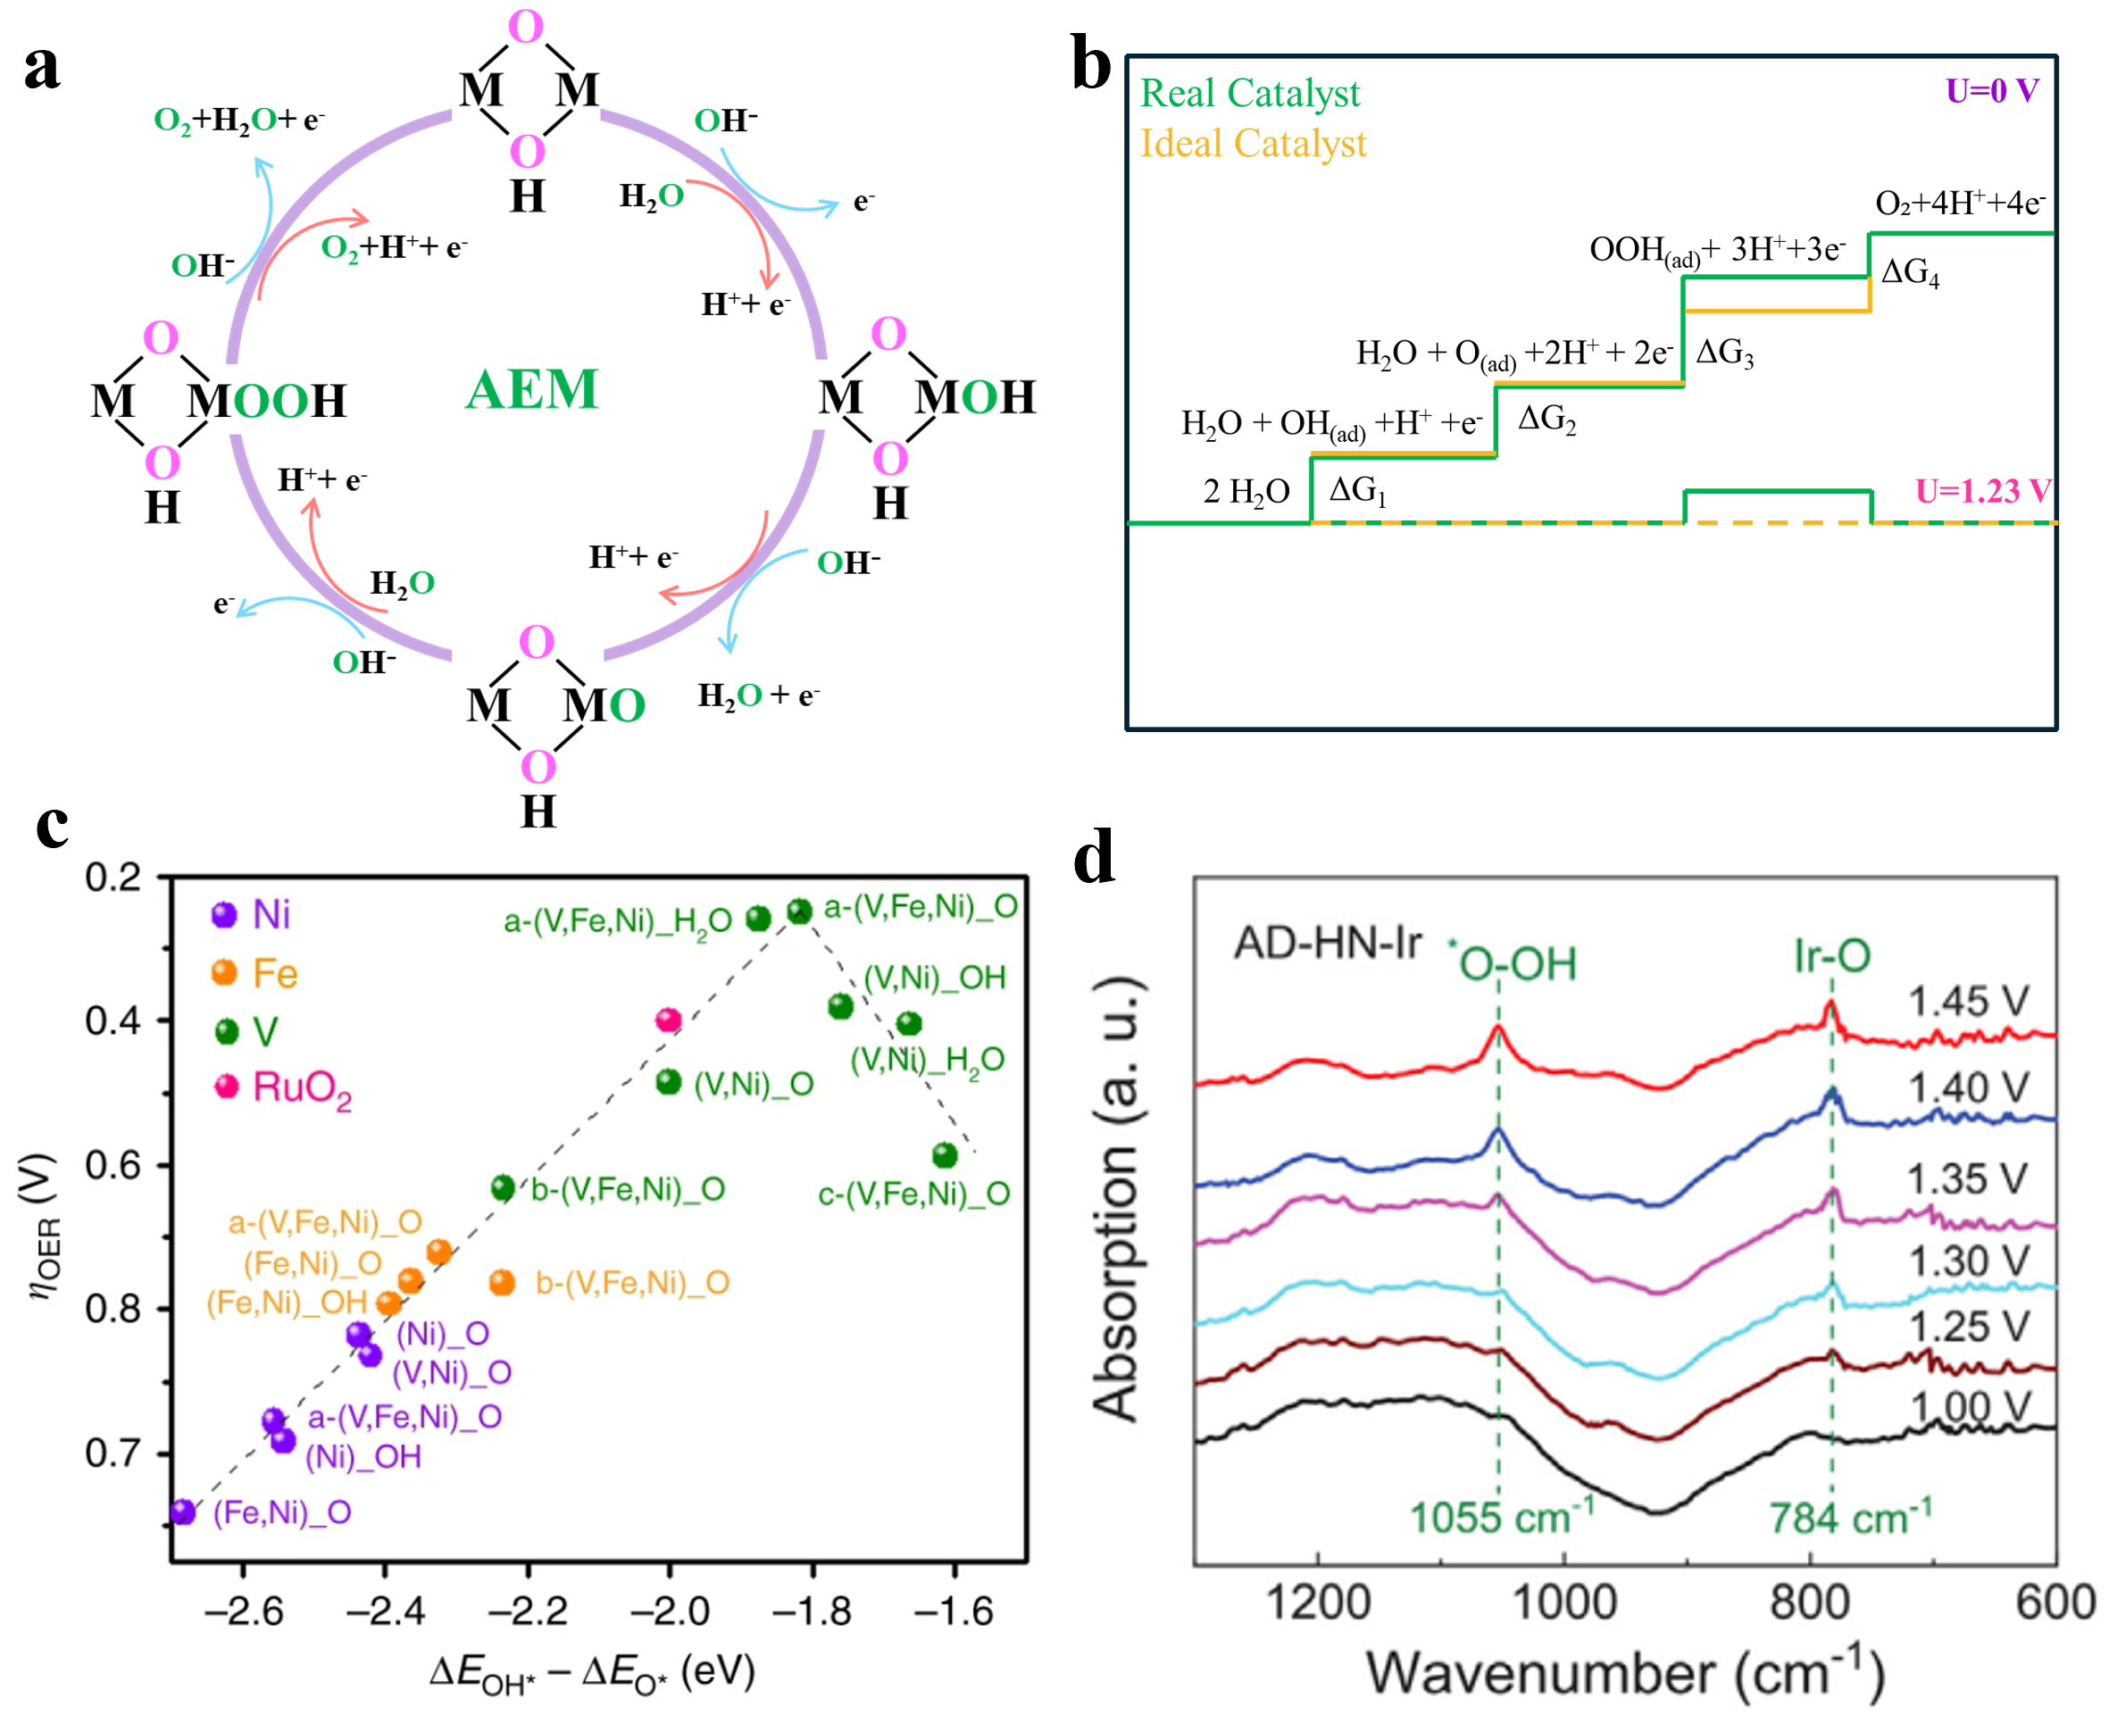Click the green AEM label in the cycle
tap(531, 389)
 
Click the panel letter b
tap(1090, 65)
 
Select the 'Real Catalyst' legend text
tap(1249, 94)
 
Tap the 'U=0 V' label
tap(1991, 91)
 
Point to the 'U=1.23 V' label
tap(1982, 491)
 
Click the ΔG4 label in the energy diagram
tap(1910, 271)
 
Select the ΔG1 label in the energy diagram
tap(1357, 490)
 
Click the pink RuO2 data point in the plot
tap(669, 1020)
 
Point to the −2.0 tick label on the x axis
tap(670, 1611)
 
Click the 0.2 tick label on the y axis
tap(113, 878)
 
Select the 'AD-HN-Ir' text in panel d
tap(1327, 944)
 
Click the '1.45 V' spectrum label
tap(1968, 1002)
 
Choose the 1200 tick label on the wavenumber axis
tap(1318, 1603)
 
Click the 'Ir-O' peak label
tap(1831, 955)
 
